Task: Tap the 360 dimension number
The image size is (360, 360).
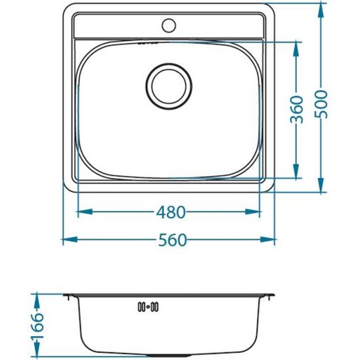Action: (297, 110)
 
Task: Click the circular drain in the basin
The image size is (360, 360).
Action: (169, 85)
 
